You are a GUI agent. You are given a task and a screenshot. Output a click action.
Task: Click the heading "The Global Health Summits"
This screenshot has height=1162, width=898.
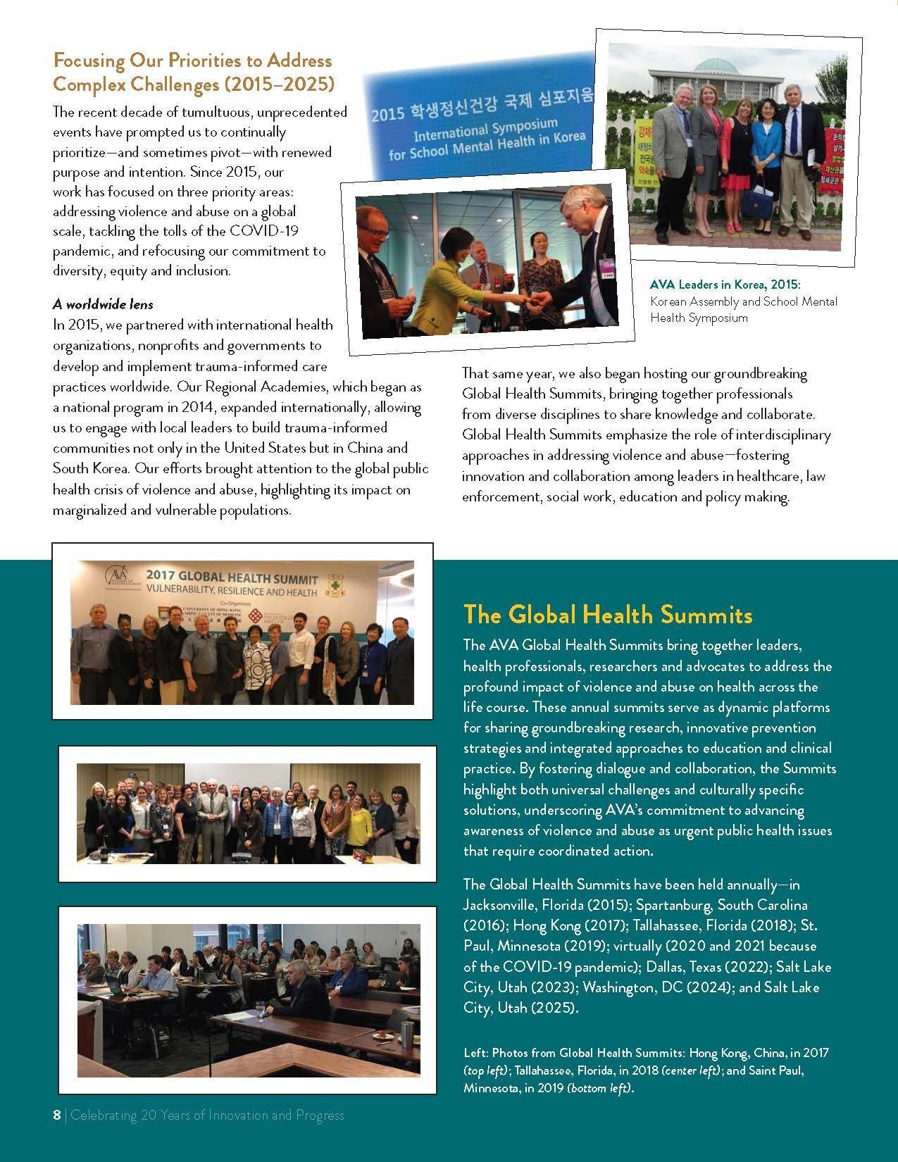click(x=608, y=615)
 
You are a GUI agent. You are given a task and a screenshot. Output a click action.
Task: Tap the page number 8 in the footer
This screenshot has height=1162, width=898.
click(x=57, y=1115)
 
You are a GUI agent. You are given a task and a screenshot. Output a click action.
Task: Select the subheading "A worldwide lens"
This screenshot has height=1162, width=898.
click(x=103, y=304)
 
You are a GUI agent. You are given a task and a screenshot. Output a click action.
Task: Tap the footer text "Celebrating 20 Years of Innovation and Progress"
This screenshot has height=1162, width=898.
click(x=208, y=1115)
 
